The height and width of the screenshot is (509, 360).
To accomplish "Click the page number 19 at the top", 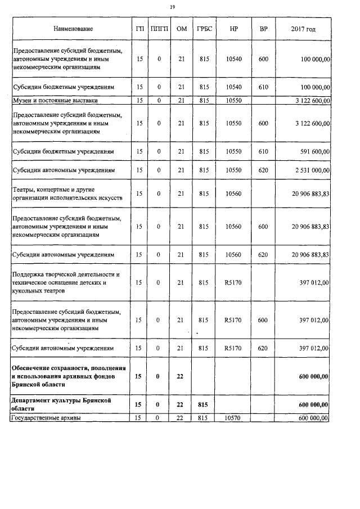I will (x=172, y=7).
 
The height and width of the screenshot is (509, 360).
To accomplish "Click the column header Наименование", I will (x=73, y=29).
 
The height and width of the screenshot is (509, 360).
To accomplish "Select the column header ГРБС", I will (x=204, y=29).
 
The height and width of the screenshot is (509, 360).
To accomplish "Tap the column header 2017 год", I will (x=303, y=29).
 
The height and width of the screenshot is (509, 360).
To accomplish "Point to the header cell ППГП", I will (x=159, y=29).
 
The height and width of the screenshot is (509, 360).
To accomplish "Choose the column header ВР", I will (x=263, y=29).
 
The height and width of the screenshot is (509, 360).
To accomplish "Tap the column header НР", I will (x=233, y=29).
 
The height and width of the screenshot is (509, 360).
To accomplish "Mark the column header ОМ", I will (x=181, y=29).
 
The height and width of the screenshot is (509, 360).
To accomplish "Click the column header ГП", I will (x=139, y=29).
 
